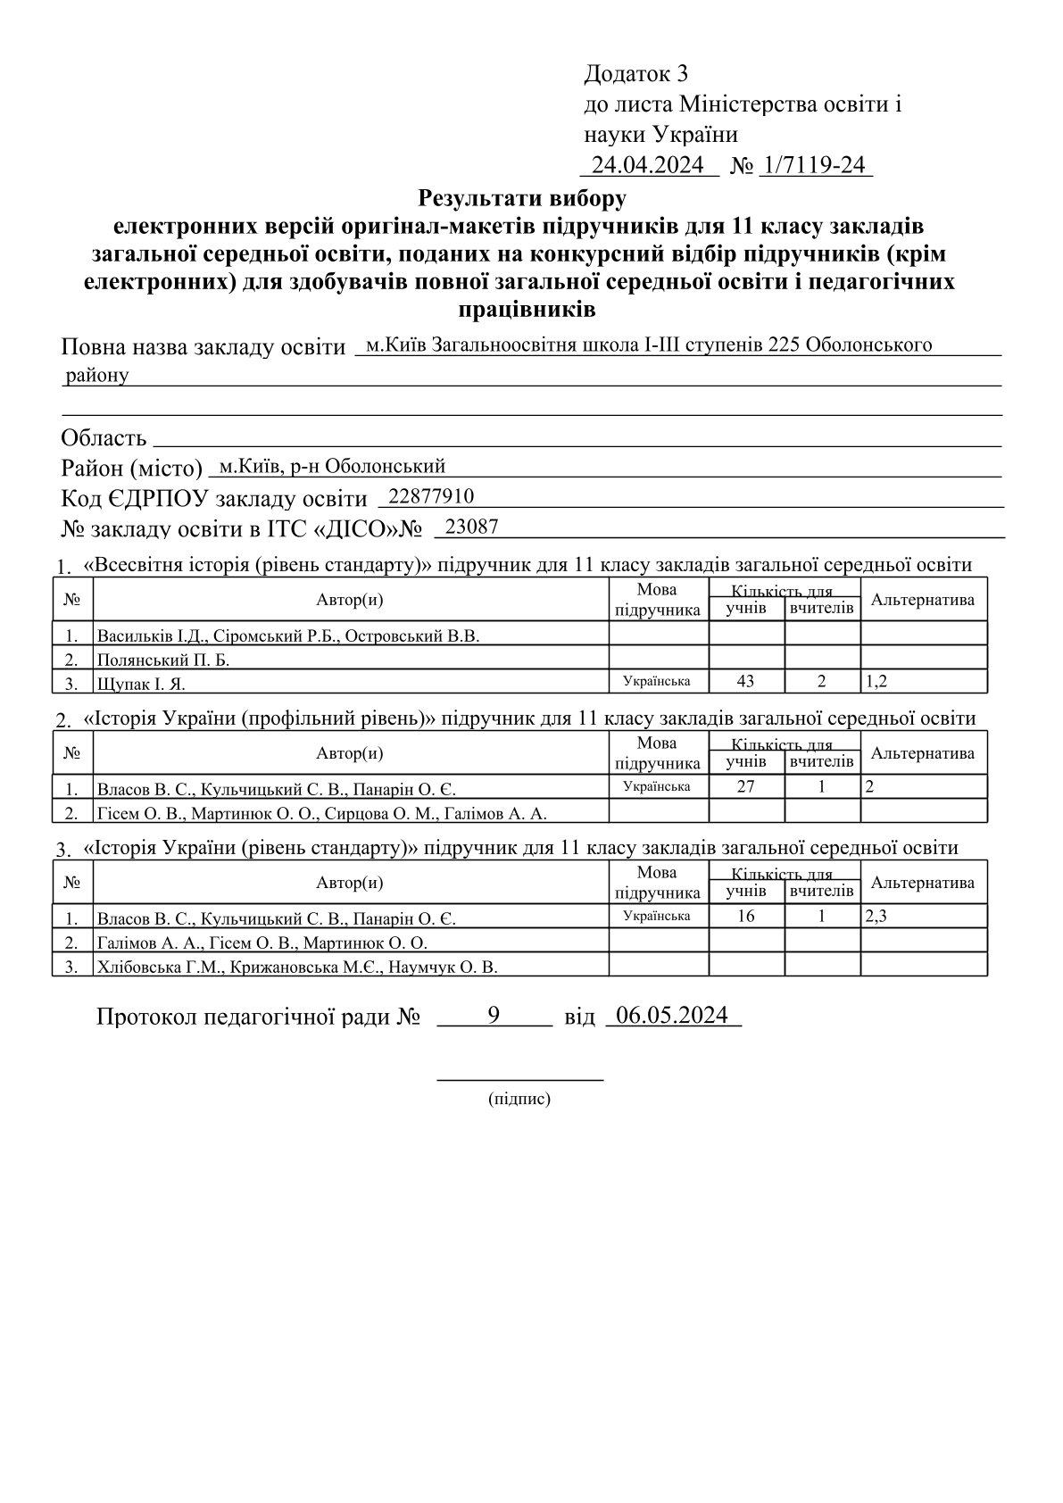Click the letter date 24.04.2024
[649, 165]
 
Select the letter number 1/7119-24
[815, 165]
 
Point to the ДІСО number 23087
[471, 527]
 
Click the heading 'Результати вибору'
[522, 195]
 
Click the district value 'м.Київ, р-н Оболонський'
[332, 466]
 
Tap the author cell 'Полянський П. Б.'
[169, 660]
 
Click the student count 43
[745, 682]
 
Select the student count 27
[745, 787]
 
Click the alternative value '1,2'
[876, 682]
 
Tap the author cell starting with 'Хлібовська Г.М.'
[297, 967]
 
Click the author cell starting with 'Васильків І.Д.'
[288, 636]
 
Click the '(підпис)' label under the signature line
[519, 1099]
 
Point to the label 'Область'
[104, 438]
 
